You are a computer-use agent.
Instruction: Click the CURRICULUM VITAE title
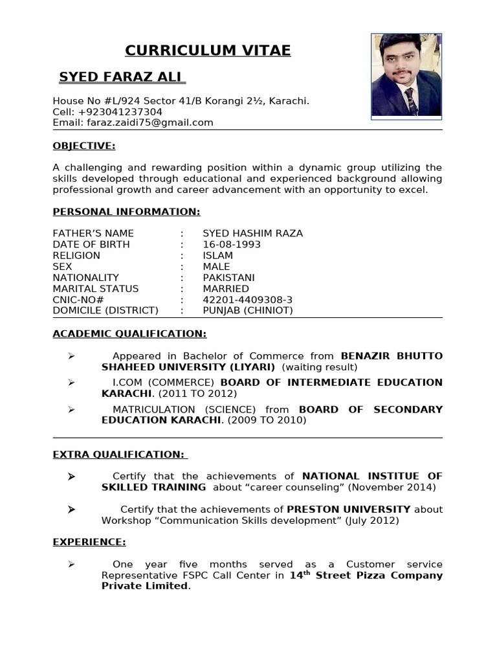click(x=208, y=51)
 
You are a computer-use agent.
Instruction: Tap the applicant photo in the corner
click(x=406, y=76)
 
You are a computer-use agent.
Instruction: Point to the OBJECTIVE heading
click(x=84, y=146)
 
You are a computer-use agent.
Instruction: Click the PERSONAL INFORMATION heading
click(x=126, y=212)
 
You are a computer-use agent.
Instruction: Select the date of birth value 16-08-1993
click(x=232, y=244)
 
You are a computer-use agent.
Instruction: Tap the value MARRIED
click(x=226, y=288)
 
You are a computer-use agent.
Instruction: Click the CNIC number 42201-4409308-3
click(x=248, y=299)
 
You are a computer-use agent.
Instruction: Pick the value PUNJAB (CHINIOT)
click(x=248, y=310)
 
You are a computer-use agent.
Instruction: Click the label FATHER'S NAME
click(x=93, y=233)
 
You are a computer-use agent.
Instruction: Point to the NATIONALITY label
click(x=86, y=277)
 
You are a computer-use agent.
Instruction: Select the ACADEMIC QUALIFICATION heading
click(x=129, y=333)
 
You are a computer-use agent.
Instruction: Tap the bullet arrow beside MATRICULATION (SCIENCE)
click(x=71, y=409)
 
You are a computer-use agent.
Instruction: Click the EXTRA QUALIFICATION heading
click(x=119, y=455)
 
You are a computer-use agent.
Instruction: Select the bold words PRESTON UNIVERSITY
click(x=349, y=509)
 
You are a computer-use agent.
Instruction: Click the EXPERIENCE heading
click(x=89, y=541)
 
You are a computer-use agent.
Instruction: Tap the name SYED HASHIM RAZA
click(x=252, y=233)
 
